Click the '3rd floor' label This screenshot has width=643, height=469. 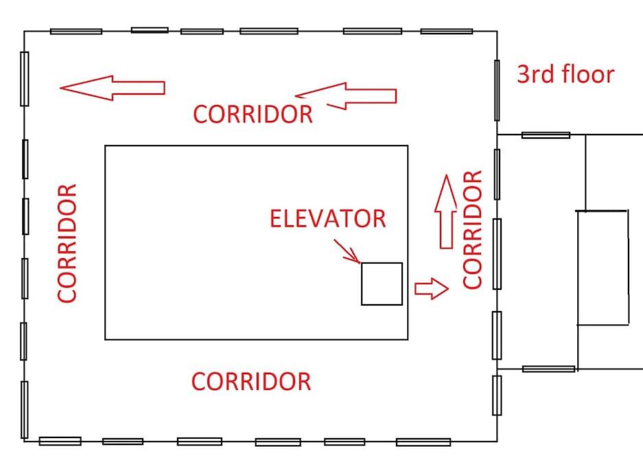point(565,74)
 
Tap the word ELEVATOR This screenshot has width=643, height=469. point(327,218)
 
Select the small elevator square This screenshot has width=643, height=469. point(382,284)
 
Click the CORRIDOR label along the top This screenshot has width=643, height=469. point(253,114)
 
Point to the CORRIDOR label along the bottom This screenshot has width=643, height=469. point(251,382)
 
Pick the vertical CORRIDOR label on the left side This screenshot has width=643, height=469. point(67,243)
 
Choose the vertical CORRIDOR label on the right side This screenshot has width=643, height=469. point(472,229)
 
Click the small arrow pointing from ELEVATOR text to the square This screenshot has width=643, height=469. point(347,251)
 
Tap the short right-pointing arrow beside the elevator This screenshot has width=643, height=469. point(432,288)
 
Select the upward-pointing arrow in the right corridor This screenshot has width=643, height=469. point(446,211)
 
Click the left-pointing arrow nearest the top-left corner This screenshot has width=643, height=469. point(113,88)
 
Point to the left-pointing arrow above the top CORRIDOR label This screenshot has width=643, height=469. point(346,96)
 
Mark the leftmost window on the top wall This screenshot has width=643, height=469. point(76,32)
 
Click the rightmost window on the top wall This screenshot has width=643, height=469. point(447,31)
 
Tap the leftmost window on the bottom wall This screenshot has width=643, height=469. point(60,441)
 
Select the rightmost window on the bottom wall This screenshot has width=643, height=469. point(423,442)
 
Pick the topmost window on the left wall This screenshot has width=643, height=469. point(25,79)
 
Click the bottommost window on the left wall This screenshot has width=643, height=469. point(25,409)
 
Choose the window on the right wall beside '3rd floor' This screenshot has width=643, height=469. point(497,90)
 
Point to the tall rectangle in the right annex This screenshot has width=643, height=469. point(603,268)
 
